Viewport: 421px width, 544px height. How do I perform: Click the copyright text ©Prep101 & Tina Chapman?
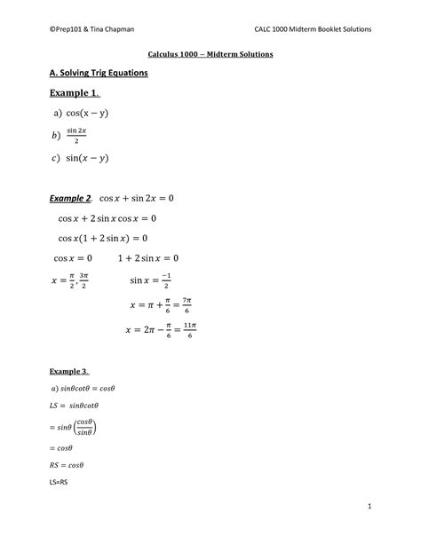[91, 28]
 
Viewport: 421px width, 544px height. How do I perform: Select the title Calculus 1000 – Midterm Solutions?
[210, 55]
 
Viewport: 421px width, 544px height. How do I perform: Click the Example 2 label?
[72, 199]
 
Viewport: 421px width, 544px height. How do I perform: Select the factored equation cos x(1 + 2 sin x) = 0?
[103, 238]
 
